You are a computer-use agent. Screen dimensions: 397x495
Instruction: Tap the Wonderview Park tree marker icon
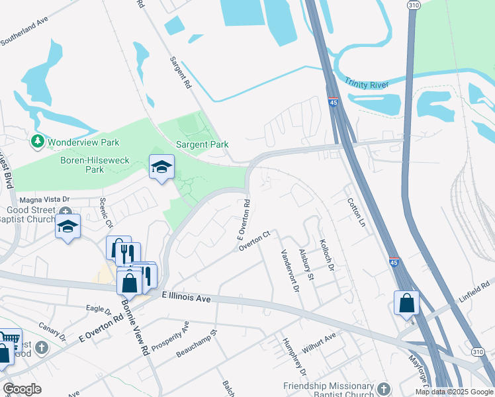pos(38,142)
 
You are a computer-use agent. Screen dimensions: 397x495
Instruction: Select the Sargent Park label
pos(202,144)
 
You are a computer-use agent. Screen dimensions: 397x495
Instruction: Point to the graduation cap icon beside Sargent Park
pos(161,167)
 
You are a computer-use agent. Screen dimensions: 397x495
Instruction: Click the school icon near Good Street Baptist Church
pos(67,226)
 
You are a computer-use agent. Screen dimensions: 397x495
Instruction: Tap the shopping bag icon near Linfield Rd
pos(406,303)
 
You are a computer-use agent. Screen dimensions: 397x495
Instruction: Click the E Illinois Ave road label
pos(186,298)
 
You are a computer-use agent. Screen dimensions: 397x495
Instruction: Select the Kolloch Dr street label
pos(327,254)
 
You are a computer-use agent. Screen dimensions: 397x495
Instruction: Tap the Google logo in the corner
pos(21,389)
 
